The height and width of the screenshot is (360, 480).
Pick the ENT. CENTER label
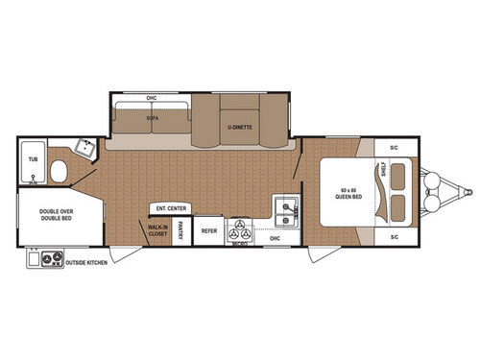[x=169, y=208]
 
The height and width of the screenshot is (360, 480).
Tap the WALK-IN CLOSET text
[x=156, y=231]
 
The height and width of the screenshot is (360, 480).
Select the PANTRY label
[x=182, y=232]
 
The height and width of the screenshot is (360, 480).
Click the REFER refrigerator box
[x=209, y=231]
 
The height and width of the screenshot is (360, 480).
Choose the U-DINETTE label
[x=239, y=127]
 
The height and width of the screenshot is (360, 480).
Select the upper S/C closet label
[x=394, y=147]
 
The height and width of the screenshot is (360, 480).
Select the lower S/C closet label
[x=394, y=235]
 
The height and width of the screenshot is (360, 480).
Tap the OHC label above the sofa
[x=151, y=99]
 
